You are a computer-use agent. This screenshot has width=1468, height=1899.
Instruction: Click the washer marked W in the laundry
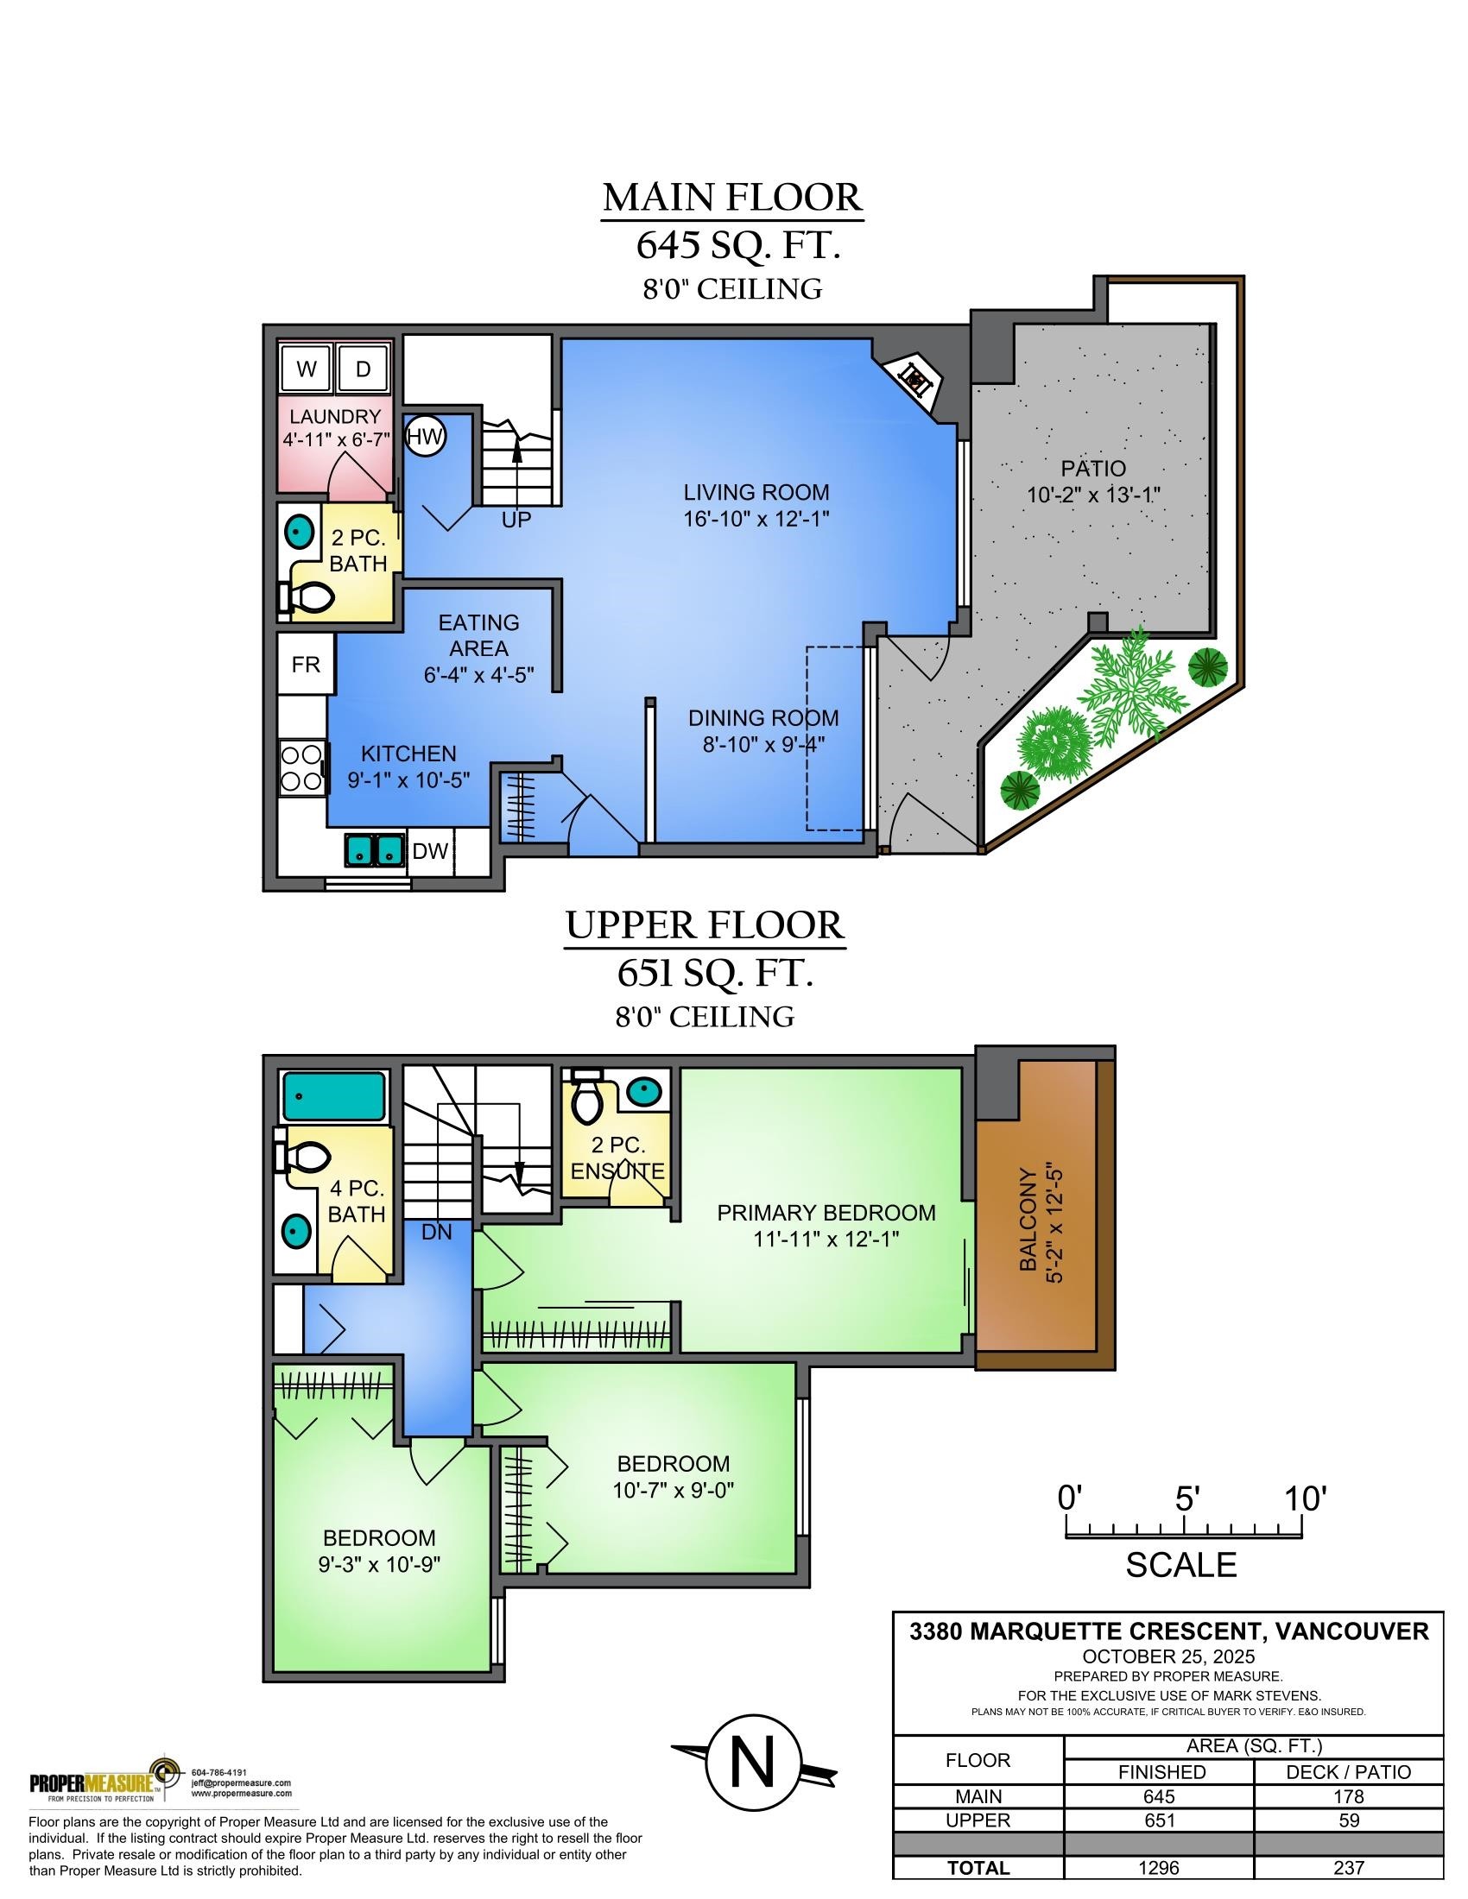pos(307,369)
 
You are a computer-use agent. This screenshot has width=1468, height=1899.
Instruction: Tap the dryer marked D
pos(363,369)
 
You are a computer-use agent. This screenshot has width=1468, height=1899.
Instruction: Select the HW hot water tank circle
pos(425,437)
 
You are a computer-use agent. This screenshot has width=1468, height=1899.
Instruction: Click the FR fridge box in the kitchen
pos(305,665)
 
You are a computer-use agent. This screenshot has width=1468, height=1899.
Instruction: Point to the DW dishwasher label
pos(430,850)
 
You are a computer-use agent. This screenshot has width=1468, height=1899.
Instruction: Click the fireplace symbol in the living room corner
pos(914,378)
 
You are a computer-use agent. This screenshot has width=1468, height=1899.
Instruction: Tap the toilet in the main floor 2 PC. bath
pos(310,597)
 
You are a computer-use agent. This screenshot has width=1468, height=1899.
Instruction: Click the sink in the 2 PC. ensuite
pos(643,1091)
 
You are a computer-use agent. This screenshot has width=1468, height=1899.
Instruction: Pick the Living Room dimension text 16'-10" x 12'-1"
pos(756,519)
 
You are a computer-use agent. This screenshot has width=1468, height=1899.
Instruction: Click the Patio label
pos(1093,469)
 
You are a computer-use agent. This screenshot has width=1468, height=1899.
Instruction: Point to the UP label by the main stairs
pos(516,520)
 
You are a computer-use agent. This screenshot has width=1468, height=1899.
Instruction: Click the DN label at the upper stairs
pos(437,1231)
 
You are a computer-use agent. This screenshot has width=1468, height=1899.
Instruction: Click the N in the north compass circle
pos(752,1763)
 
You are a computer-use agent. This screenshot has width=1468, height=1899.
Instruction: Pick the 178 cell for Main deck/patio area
pos(1348,1796)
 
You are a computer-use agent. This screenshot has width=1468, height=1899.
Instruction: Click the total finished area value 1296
pos(1158,1867)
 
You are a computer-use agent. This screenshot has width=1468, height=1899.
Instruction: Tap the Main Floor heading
pos(732,198)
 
